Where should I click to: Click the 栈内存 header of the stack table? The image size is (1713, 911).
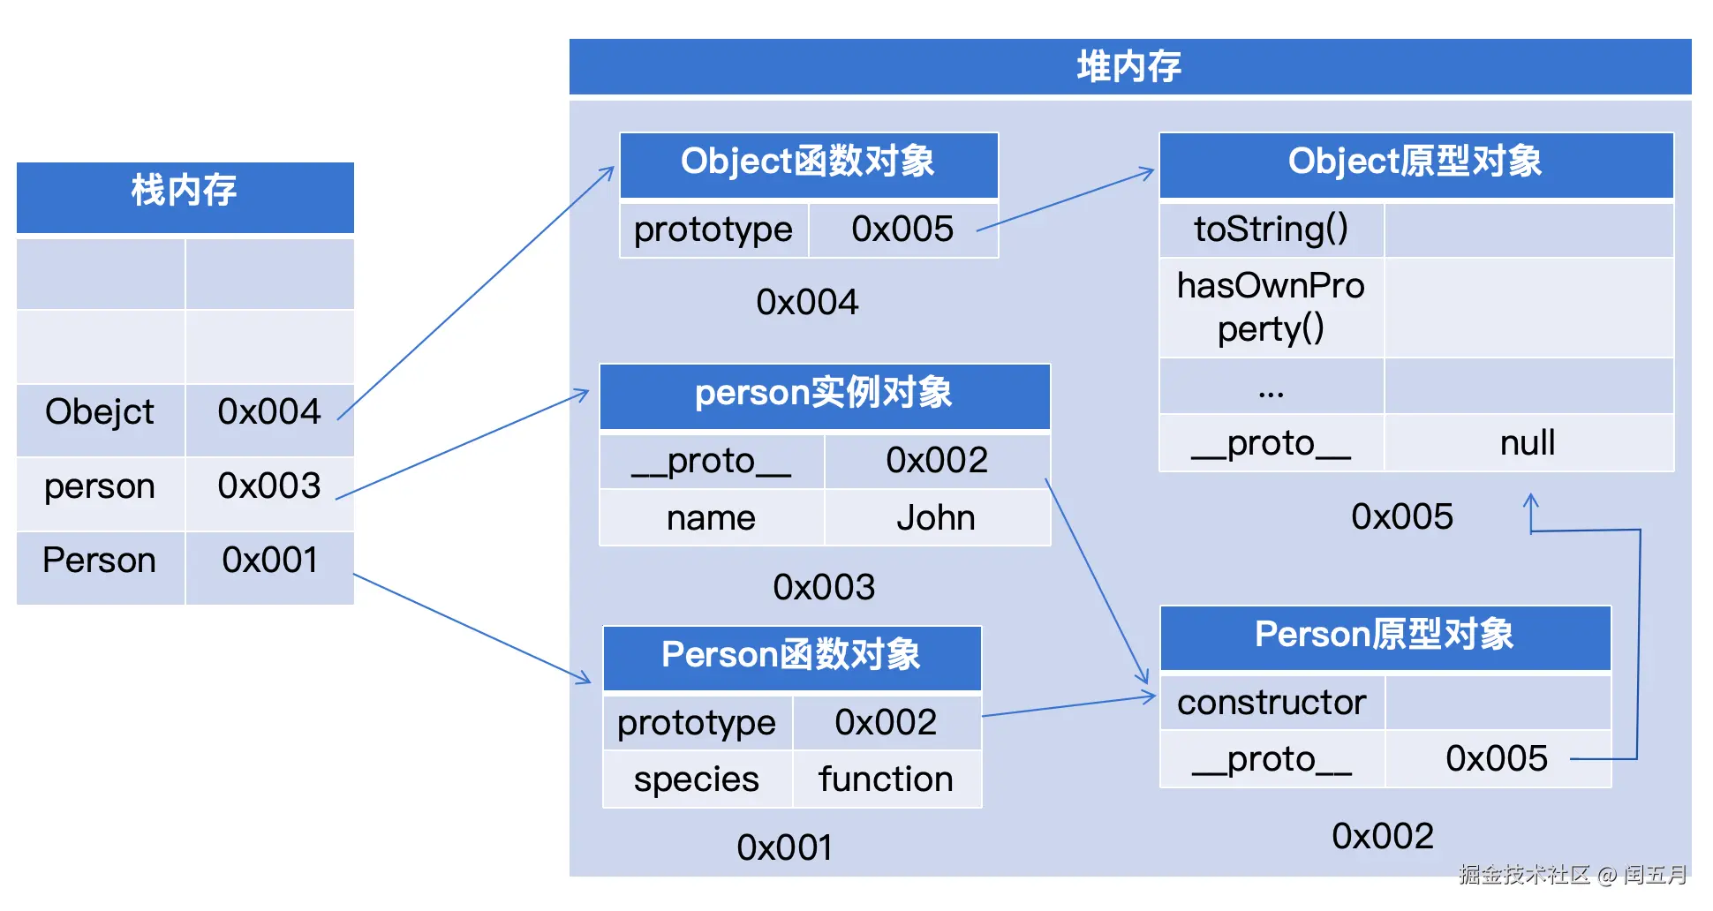185,191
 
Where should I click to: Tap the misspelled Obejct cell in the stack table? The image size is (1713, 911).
100,412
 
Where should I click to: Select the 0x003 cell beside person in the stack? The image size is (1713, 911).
269,486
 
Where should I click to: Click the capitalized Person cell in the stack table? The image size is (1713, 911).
100,561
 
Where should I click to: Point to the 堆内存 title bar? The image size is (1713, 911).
1129,67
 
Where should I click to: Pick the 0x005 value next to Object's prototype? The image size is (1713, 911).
902,230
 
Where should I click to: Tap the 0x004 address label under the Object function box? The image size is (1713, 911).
807,303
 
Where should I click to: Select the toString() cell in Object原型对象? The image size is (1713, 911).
1271,230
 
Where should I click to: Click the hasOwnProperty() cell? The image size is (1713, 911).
1271,307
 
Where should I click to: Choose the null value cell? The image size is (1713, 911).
1528,443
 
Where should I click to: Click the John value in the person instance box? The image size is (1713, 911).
936,518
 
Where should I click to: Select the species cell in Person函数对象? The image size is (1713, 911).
697,779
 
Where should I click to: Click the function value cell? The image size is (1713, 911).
886,779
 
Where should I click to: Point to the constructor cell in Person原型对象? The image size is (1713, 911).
1272,703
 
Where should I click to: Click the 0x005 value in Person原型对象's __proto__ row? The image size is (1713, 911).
1496,759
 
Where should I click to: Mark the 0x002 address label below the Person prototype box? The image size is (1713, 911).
1383,836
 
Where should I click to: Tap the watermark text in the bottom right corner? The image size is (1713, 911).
1573,875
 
